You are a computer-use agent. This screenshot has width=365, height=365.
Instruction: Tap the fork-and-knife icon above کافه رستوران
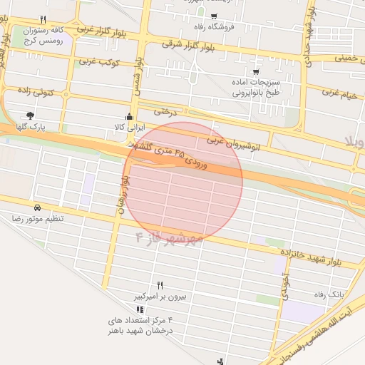click(x=43, y=20)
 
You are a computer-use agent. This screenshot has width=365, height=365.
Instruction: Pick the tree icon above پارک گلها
click(x=29, y=115)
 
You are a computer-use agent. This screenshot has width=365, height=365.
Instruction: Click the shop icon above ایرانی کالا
click(x=129, y=116)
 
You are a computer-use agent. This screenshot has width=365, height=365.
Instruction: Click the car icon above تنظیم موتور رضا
click(x=36, y=205)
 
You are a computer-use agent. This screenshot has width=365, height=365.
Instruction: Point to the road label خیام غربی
click(x=339, y=93)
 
